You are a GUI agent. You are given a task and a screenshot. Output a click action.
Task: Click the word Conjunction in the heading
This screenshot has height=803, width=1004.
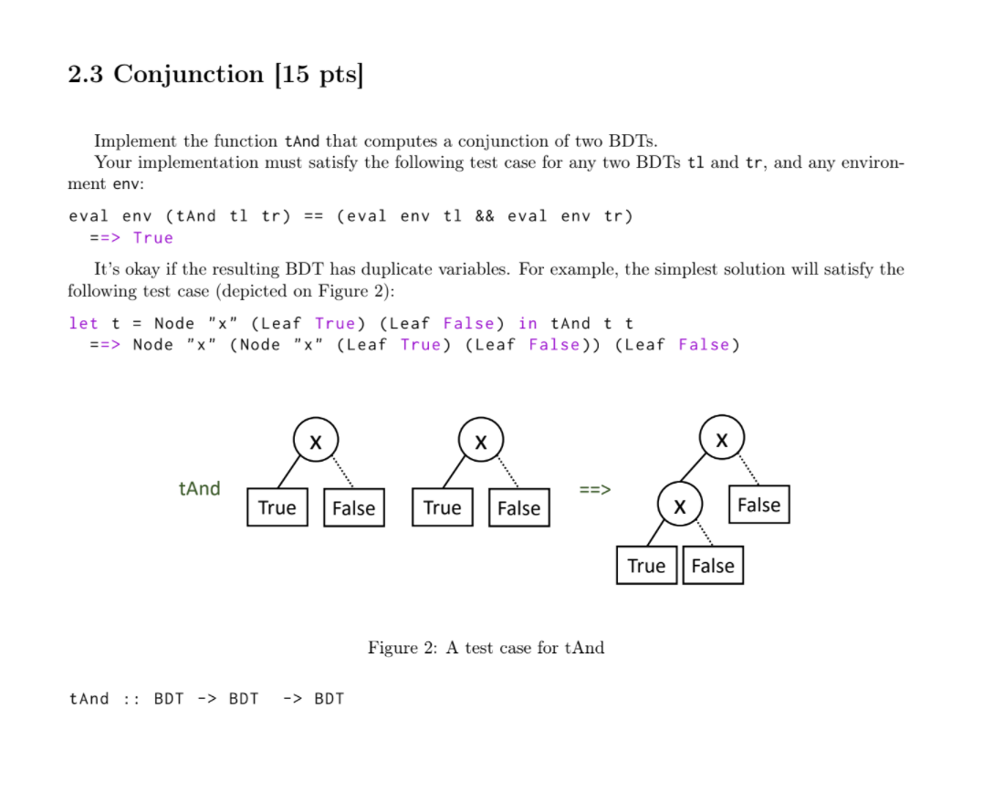(188, 74)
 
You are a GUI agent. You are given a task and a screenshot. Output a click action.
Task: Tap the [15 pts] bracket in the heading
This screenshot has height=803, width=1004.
(319, 74)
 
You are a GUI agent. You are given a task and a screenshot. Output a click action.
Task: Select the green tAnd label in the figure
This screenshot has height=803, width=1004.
(200, 488)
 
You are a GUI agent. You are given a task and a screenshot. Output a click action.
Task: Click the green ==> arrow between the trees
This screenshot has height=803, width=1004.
(595, 489)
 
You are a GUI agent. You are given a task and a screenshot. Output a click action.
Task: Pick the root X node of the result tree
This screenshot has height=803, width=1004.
(722, 439)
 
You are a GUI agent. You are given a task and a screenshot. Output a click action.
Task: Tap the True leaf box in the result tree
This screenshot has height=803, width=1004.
(646, 566)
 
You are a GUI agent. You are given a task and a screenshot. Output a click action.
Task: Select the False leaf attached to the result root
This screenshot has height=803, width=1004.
(758, 505)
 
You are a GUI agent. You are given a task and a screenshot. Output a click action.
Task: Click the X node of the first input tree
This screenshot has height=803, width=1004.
(315, 441)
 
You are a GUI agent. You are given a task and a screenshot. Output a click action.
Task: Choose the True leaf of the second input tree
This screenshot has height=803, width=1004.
(443, 507)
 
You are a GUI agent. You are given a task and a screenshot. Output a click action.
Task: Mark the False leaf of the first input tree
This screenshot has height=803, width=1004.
(353, 508)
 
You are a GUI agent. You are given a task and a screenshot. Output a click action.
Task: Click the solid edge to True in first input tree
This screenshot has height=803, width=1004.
(288, 471)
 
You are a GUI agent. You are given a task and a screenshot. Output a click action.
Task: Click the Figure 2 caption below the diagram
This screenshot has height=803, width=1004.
(486, 648)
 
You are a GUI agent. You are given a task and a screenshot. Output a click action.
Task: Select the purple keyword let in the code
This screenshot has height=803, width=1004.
(83, 323)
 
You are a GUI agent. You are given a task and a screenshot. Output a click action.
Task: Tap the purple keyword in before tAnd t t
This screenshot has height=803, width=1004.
(528, 323)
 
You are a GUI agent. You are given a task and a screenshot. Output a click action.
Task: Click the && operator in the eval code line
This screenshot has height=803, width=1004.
(485, 216)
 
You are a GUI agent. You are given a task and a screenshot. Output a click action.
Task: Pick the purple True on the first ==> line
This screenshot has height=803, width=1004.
(152, 237)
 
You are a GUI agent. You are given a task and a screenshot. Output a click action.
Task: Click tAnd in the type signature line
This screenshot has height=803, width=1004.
(89, 699)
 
